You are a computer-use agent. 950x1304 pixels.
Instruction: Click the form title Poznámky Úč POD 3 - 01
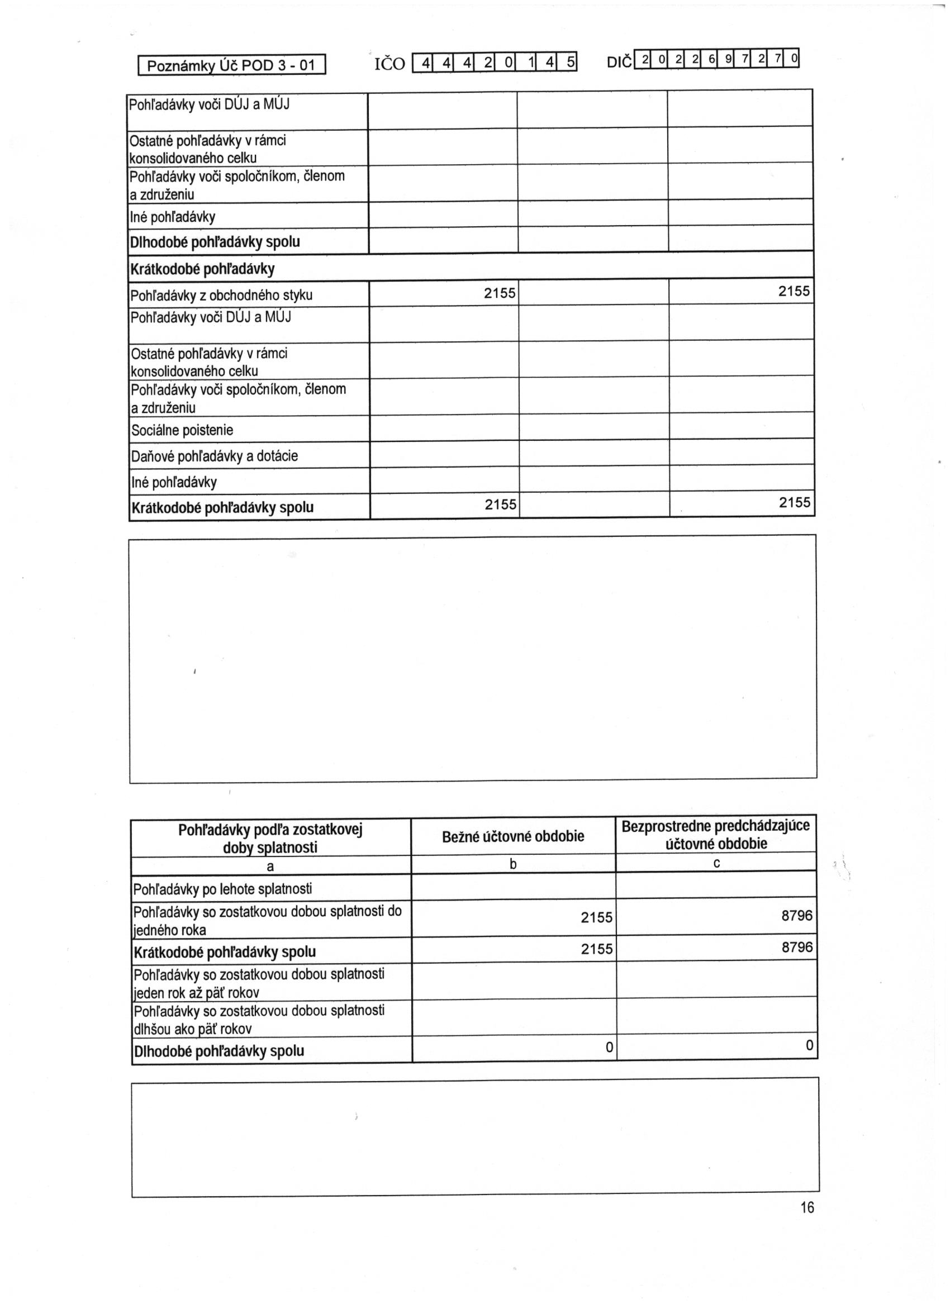click(x=231, y=65)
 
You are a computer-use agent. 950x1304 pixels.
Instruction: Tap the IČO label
click(x=389, y=64)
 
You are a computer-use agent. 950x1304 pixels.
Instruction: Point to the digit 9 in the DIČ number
click(x=729, y=59)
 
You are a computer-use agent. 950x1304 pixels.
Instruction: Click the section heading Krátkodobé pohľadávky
click(x=202, y=269)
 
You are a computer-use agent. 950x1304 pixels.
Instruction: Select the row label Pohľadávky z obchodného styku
click(x=221, y=296)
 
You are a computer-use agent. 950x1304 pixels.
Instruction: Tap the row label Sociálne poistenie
click(x=182, y=430)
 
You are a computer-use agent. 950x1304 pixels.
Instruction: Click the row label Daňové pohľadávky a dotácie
click(x=215, y=456)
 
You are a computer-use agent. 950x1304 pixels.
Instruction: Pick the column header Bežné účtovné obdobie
click(x=513, y=836)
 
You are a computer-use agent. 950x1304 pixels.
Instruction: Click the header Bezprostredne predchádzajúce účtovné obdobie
click(x=716, y=835)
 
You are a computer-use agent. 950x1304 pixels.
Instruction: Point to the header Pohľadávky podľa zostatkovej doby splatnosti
click(x=270, y=838)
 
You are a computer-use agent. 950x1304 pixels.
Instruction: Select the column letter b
click(x=513, y=864)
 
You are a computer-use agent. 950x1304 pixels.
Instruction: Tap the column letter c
click(x=716, y=863)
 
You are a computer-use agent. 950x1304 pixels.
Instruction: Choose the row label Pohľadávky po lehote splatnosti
click(x=222, y=889)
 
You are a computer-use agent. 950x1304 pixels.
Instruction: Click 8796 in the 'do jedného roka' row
click(x=796, y=915)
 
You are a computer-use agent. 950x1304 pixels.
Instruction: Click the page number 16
click(x=807, y=1207)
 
